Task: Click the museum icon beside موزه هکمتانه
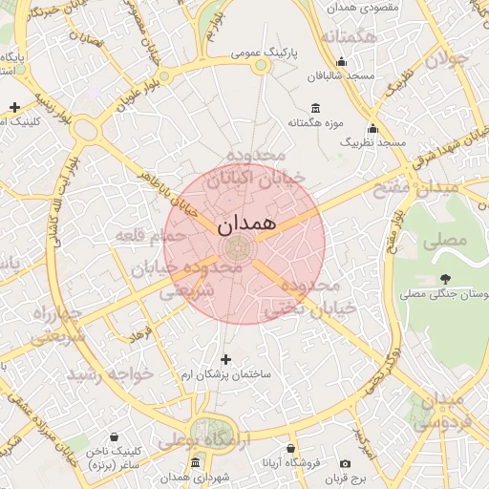point(316,108)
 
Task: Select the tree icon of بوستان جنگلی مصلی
point(445,279)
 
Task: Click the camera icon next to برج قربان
point(345,463)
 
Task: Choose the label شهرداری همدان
point(193,476)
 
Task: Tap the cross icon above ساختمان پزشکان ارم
point(225,360)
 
